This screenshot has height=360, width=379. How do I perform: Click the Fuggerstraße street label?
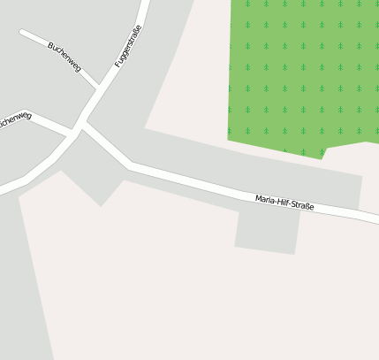pyautogui.click(x=128, y=47)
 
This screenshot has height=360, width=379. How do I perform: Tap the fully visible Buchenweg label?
pyautogui.click(x=64, y=57)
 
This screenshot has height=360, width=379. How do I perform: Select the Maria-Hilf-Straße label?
pyautogui.click(x=284, y=203)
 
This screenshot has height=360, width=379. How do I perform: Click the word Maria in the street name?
pyautogui.click(x=265, y=199)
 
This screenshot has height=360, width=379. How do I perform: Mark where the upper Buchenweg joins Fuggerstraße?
pyautogui.click(x=96, y=88)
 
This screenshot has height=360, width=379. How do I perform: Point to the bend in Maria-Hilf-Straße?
pyautogui.click(x=131, y=165)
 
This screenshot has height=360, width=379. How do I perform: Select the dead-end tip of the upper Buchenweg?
pyautogui.click(x=23, y=34)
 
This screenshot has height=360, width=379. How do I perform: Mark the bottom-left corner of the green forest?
pyautogui.click(x=229, y=139)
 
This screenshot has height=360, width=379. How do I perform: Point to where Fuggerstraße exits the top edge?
pyautogui.click(x=144, y=4)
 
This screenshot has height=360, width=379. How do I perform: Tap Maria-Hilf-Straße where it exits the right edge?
pyautogui.click(x=375, y=218)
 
